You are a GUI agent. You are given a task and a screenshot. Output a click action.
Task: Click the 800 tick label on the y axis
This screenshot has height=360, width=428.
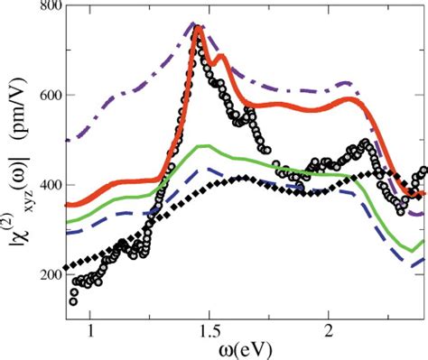click(47, 10)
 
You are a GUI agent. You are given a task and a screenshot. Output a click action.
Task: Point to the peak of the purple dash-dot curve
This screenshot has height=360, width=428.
click(193, 24)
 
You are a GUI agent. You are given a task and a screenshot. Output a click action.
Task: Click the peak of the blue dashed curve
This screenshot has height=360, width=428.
click(208, 168)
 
